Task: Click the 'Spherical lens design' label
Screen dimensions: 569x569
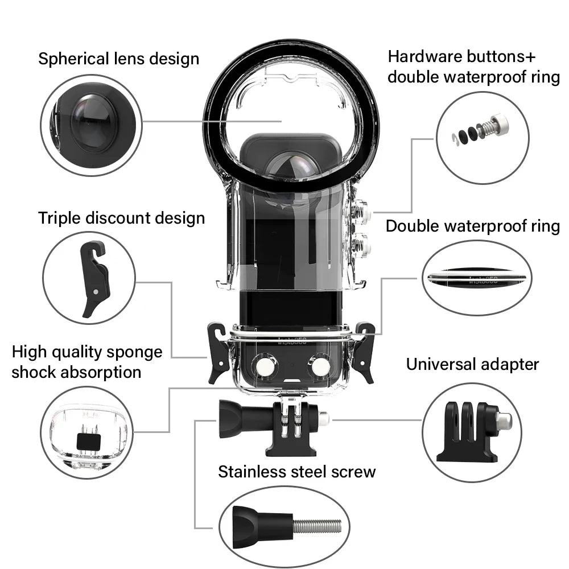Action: (x=118, y=59)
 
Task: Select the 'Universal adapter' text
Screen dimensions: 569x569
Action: (x=472, y=364)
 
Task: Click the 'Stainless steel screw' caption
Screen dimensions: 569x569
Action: (x=297, y=472)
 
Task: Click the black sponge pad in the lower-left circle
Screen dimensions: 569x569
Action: (x=88, y=439)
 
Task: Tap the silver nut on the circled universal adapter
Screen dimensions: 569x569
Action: (x=502, y=420)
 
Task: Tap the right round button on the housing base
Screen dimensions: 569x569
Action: (x=321, y=368)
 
